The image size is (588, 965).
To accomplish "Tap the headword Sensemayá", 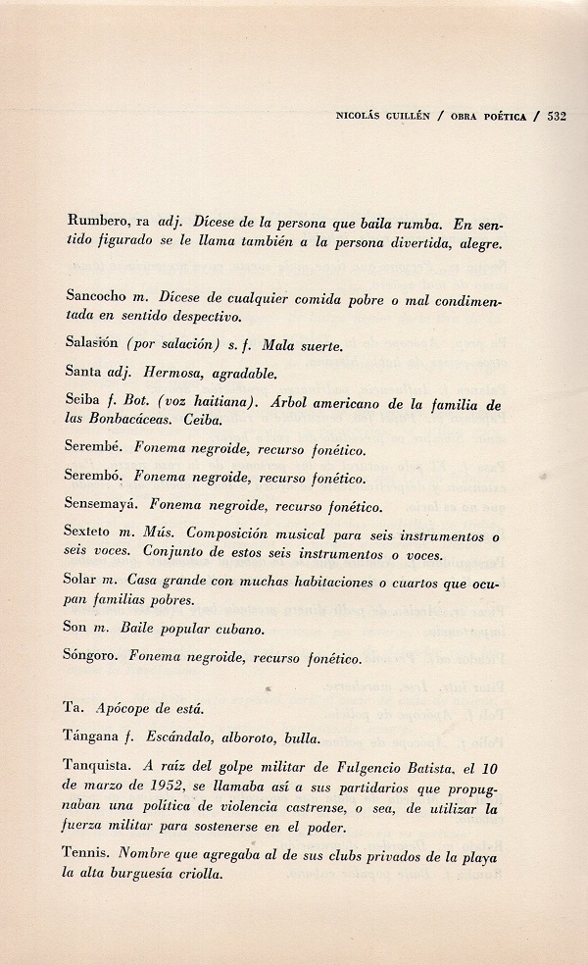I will (x=105, y=508).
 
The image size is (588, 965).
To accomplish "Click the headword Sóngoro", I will (x=96, y=658).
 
